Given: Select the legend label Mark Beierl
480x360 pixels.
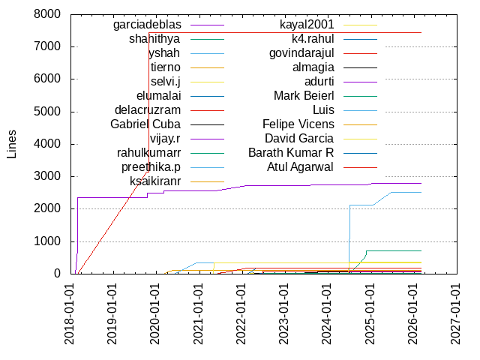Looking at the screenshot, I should tap(304, 95).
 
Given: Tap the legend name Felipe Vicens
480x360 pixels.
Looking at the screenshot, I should tap(298, 124).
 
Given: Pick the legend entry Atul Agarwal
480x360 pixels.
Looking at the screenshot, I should tap(301, 166).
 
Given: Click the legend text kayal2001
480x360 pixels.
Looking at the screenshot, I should tap(307, 25).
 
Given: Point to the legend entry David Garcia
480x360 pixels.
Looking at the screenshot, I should tap(299, 138).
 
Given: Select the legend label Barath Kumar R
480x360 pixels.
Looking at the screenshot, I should tap(291, 152).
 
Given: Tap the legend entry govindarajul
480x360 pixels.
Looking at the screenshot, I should tap(301, 53).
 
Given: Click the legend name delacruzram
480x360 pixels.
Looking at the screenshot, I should tap(147, 109).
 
